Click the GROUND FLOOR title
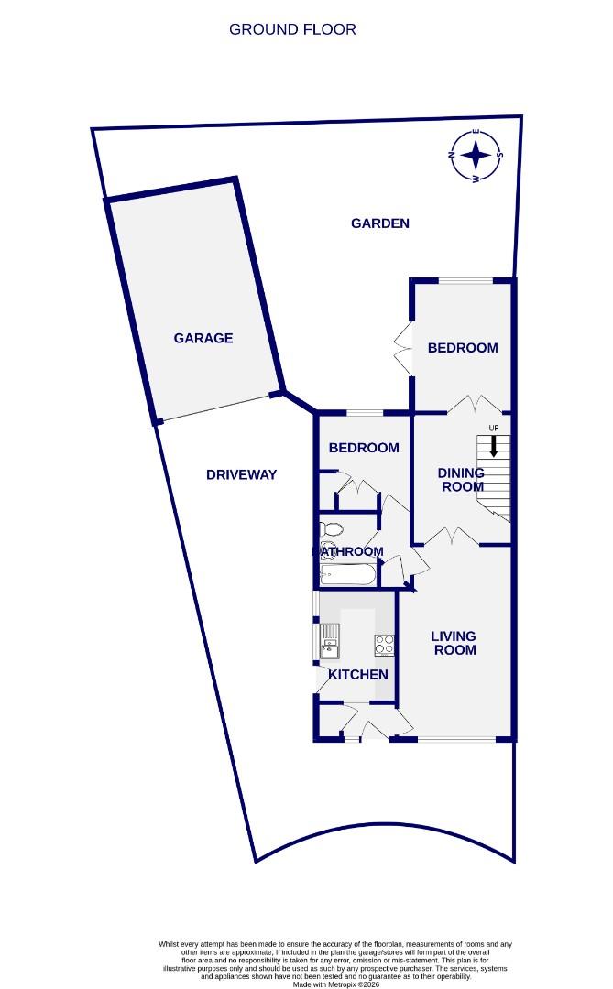(292, 29)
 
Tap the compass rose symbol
(476, 155)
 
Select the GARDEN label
(380, 223)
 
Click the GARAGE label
(203, 338)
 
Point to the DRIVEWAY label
(241, 474)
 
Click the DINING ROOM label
(461, 480)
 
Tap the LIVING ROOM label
(454, 643)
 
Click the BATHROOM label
(348, 551)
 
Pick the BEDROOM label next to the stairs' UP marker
(463, 348)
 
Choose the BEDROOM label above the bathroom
(364, 448)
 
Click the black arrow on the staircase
(494, 447)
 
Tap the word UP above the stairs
(494, 429)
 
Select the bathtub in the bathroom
(346, 574)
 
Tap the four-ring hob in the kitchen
(384, 645)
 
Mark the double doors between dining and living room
(454, 538)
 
